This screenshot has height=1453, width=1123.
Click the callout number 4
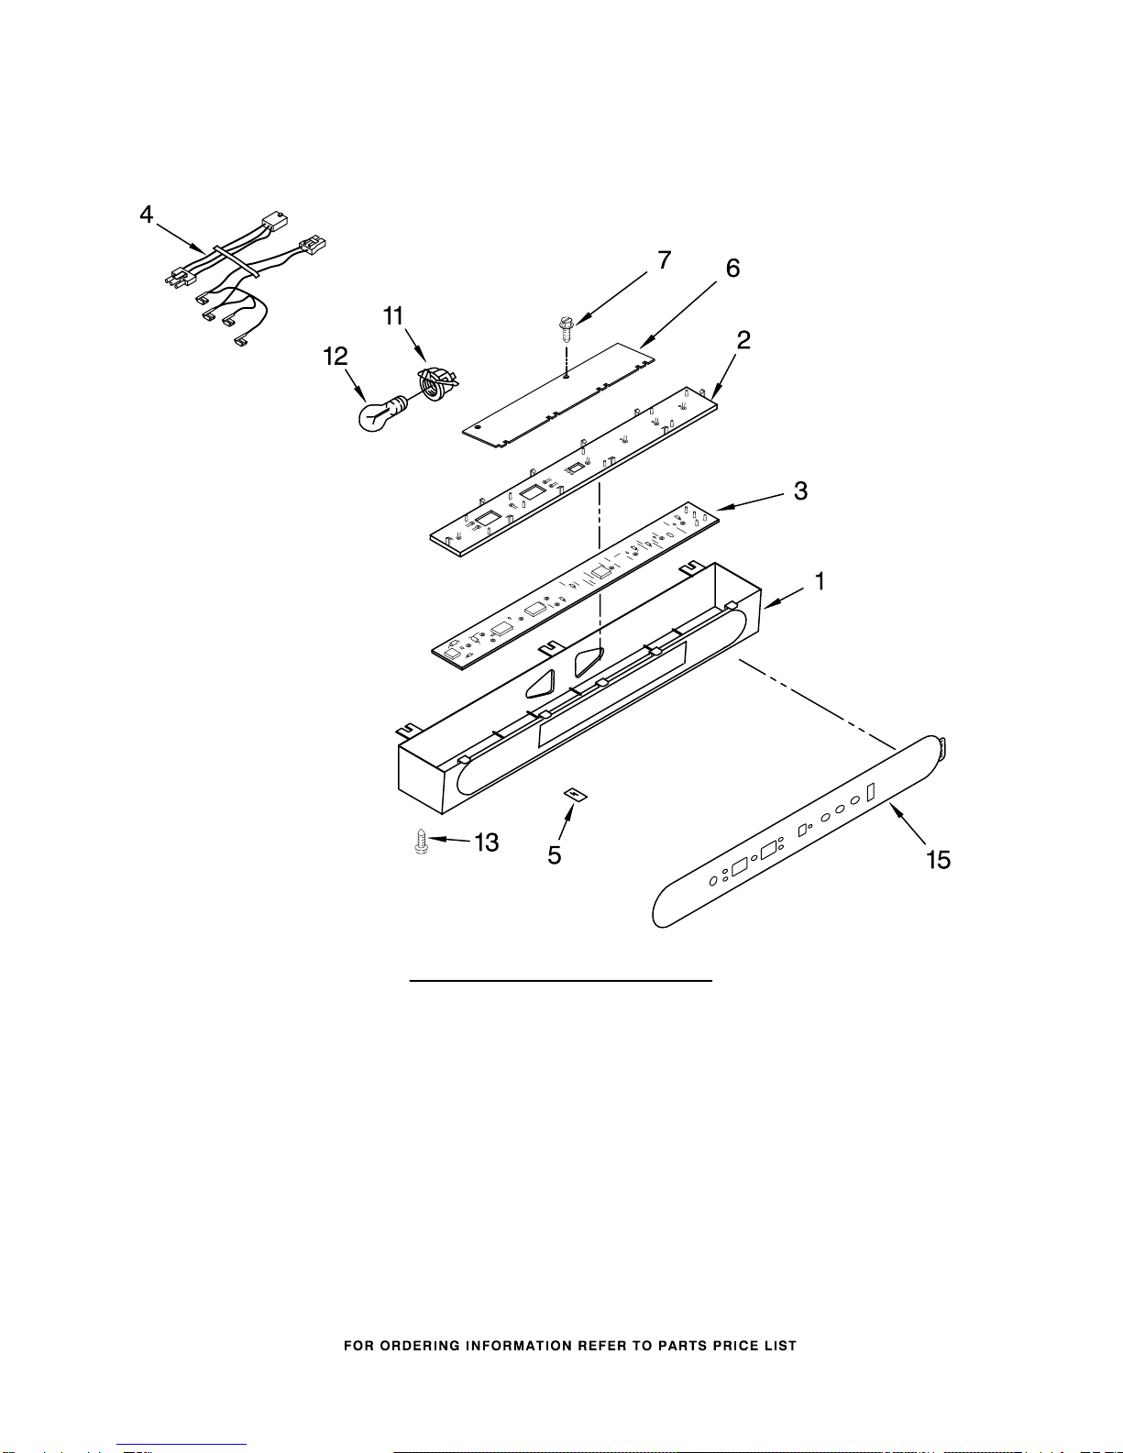point(147,215)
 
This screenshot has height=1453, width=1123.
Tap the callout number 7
point(665,260)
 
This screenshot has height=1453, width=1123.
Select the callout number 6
point(732,269)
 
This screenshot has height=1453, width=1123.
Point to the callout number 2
point(743,340)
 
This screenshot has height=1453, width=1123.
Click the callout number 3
point(800,490)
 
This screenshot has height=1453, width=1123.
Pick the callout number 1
point(820,581)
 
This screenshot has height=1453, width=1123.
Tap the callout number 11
point(393,316)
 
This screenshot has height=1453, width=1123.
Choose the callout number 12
point(336,357)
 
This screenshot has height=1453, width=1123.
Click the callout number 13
point(486,842)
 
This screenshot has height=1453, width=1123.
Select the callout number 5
point(555,855)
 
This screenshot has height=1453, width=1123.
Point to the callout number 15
point(938,860)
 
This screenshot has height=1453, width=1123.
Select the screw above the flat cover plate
point(566,327)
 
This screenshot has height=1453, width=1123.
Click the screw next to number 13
point(422,842)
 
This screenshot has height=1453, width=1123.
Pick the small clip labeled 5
point(575,794)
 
